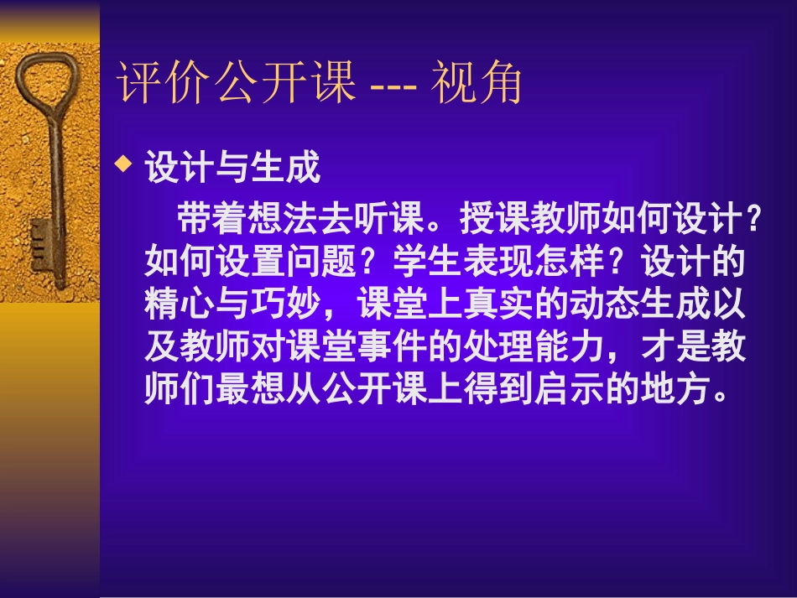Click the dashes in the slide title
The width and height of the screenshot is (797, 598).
pyautogui.click(x=393, y=84)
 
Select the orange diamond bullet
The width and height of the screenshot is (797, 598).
pyautogui.click(x=124, y=164)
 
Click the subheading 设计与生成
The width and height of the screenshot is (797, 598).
pyautogui.click(x=232, y=168)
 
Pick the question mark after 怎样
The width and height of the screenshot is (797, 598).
pyautogui.click(x=622, y=263)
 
